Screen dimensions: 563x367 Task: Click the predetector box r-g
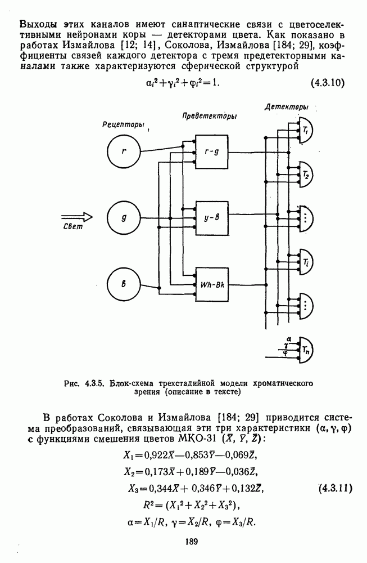(211, 151)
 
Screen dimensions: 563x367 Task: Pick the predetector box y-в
(211, 217)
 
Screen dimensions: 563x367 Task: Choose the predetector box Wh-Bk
(212, 283)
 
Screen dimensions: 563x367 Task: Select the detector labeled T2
(305, 173)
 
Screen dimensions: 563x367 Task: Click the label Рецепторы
(124, 124)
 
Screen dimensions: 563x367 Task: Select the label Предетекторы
(209, 115)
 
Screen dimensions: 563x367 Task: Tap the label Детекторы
(289, 106)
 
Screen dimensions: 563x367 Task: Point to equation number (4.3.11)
(332, 487)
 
